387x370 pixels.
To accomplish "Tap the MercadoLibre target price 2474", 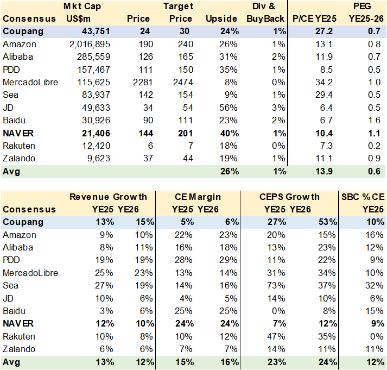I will pyautogui.click(x=181, y=82).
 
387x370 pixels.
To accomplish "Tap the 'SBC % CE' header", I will pyautogui.click(x=362, y=197).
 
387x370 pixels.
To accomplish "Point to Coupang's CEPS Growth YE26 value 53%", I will pyautogui.click(x=327, y=222).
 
